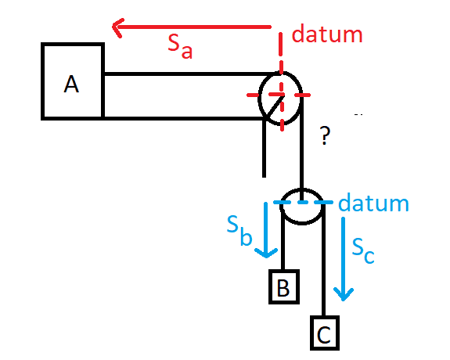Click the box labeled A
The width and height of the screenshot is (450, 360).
tap(73, 81)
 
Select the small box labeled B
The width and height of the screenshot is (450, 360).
tap(284, 286)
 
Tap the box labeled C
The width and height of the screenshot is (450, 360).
tap(325, 333)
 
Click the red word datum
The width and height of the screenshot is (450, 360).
tap(327, 34)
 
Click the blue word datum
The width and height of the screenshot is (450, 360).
tap(373, 202)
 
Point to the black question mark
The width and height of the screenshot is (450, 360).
tap(325, 135)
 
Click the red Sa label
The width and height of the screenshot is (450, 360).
tap(180, 46)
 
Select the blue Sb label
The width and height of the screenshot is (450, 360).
tap(239, 231)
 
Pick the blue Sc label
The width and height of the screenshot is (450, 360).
tap(363, 250)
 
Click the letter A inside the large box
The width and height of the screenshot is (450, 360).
tap(71, 84)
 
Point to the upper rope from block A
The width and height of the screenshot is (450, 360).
tap(189, 74)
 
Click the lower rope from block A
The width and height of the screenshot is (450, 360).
tap(184, 118)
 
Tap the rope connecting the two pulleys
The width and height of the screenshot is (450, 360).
tap(301, 149)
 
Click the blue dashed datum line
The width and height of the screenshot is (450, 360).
tap(303, 203)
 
